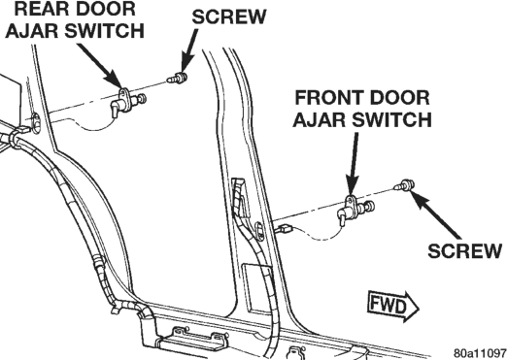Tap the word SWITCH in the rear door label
(x=104, y=31)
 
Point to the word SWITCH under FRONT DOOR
(x=391, y=119)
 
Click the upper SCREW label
(x=229, y=16)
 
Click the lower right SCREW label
(x=465, y=250)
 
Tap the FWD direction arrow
(x=393, y=306)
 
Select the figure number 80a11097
(x=480, y=352)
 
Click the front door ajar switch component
(x=355, y=209)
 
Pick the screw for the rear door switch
(x=177, y=78)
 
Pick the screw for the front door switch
(x=404, y=184)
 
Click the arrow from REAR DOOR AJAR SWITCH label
(x=101, y=66)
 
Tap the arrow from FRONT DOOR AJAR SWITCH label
(x=354, y=164)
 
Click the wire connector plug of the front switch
(x=285, y=229)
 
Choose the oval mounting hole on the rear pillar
(x=36, y=123)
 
